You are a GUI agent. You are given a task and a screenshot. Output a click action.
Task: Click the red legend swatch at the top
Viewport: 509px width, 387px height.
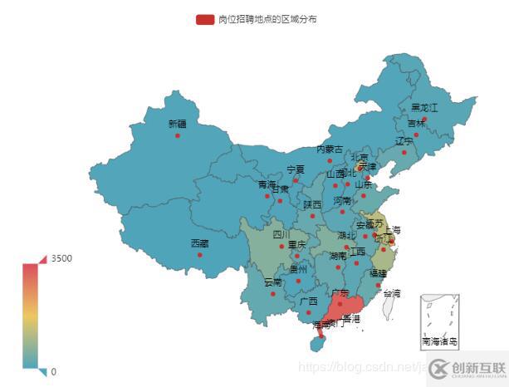click(204, 19)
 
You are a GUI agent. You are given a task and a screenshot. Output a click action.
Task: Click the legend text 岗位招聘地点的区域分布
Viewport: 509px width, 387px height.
click(267, 19)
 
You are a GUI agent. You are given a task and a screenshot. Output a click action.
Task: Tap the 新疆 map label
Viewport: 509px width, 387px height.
click(178, 125)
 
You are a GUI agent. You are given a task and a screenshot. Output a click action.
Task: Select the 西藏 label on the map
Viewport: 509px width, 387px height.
click(199, 243)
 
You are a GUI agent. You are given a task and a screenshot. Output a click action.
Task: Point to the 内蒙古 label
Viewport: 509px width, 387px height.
click(330, 149)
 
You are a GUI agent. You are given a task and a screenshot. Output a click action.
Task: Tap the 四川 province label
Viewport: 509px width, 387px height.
click(282, 235)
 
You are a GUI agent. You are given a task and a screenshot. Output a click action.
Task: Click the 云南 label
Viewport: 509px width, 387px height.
click(272, 282)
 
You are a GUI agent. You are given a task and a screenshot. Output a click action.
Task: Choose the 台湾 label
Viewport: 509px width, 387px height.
click(391, 293)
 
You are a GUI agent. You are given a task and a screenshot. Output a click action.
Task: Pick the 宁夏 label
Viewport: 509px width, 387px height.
click(296, 169)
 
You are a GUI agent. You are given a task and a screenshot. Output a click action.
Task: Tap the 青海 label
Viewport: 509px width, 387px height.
click(267, 184)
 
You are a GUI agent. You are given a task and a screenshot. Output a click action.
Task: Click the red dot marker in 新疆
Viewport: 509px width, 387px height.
click(178, 135)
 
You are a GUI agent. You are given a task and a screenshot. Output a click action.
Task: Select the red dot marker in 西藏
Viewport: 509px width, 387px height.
click(199, 255)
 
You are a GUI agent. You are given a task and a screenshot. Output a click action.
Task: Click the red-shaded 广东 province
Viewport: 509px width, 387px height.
click(349, 306)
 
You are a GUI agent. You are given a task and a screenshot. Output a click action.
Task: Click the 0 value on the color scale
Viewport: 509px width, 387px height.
click(54, 372)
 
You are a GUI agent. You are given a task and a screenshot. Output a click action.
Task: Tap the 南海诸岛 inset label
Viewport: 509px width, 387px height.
click(440, 341)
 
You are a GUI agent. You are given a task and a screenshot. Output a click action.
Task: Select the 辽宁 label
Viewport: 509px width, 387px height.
click(404, 140)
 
